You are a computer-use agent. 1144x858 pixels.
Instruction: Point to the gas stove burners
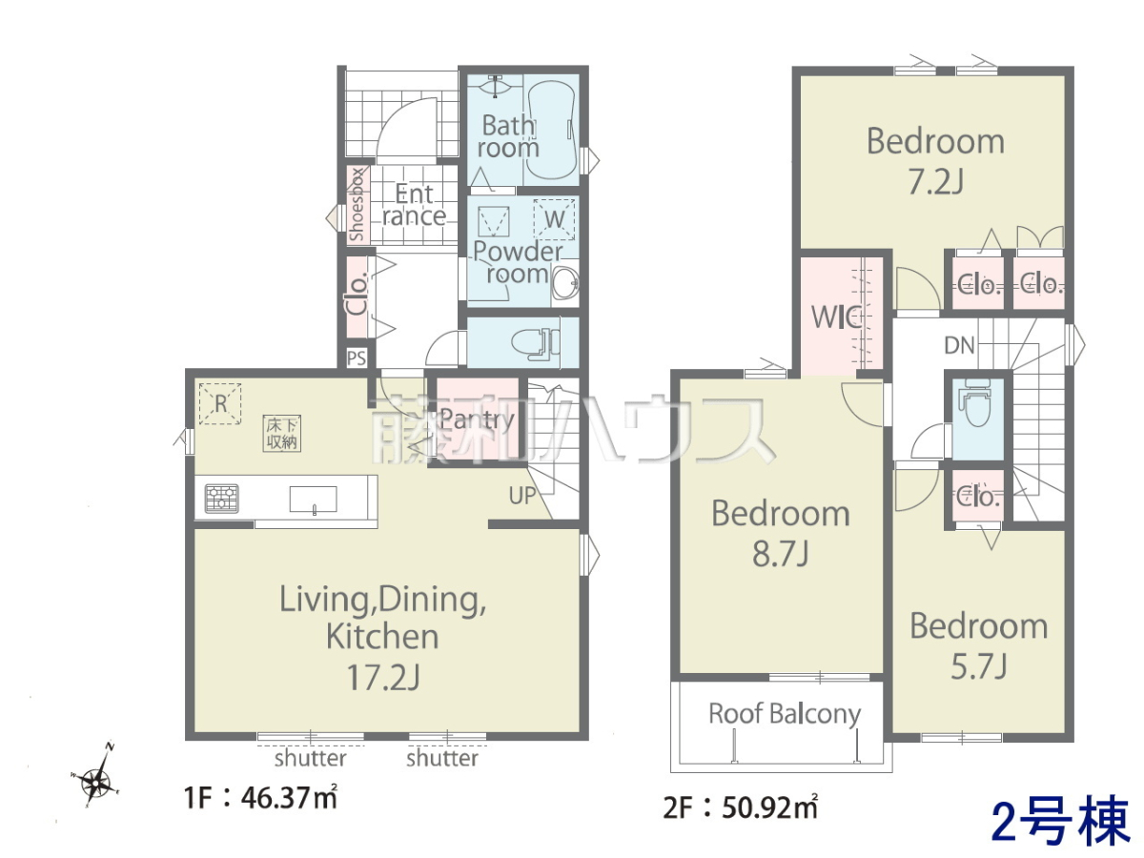[x=222, y=499]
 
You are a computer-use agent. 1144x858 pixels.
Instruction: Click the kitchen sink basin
[x=314, y=499]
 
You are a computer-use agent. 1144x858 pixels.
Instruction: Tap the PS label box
[x=357, y=357]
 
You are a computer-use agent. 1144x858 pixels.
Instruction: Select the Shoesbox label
[x=357, y=205]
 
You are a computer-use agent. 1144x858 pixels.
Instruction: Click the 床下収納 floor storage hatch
[x=281, y=434]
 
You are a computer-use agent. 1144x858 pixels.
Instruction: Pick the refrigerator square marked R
[x=220, y=403]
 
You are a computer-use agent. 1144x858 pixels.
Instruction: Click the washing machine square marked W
[x=554, y=219]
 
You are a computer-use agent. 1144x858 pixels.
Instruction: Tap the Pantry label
[x=477, y=419]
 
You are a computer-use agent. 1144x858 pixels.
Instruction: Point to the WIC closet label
[x=835, y=317]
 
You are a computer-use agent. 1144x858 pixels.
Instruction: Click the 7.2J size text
[x=935, y=182]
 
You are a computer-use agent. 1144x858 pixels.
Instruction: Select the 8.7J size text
[x=780, y=553]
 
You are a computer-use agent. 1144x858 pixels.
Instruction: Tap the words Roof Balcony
[x=785, y=714]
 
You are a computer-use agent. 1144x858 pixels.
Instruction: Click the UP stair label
[x=522, y=497]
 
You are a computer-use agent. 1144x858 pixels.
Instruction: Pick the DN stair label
[x=959, y=345]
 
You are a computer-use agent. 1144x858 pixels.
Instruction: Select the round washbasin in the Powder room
[x=565, y=284]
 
